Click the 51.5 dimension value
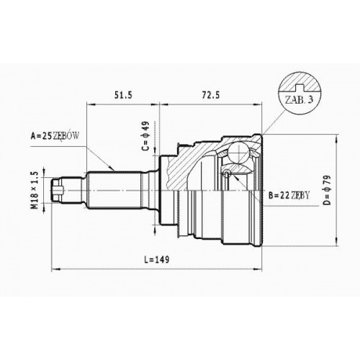[123, 95]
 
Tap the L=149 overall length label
[156, 259]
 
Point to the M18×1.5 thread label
[35, 190]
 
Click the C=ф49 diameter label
[145, 136]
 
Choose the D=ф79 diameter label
[327, 190]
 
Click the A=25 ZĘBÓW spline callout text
[55, 136]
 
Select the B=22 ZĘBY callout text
[289, 196]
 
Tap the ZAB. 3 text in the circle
[300, 99]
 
